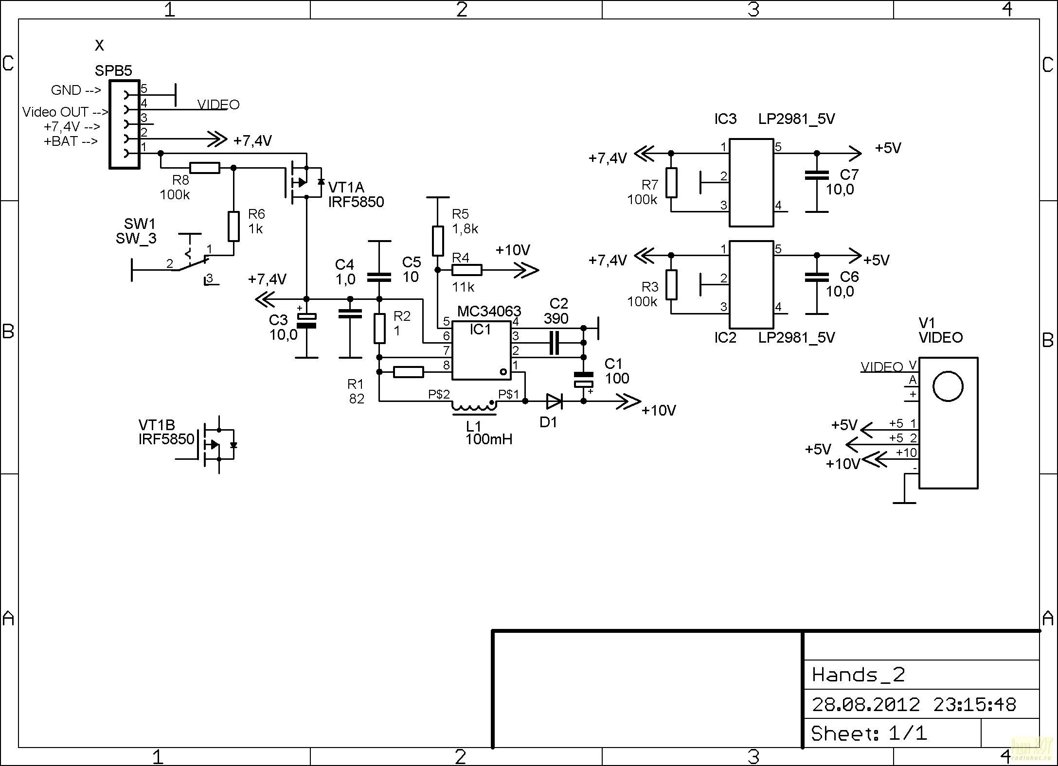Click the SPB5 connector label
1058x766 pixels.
tap(113, 70)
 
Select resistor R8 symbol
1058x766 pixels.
tap(204, 168)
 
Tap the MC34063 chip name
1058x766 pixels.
tap(489, 311)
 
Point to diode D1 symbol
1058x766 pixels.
tap(555, 401)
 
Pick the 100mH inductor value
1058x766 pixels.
tap(489, 439)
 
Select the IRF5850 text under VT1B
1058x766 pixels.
tap(166, 439)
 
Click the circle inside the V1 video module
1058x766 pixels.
tap(948, 386)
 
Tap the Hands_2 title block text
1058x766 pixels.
tap(859, 675)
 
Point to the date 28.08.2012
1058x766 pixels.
tap(866, 704)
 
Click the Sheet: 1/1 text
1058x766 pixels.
tap(869, 733)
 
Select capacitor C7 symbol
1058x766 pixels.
tap(817, 175)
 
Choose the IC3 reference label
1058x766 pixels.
tap(725, 119)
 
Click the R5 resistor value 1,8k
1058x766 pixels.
tap(465, 229)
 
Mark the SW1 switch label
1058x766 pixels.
tap(140, 224)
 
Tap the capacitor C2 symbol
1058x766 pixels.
tap(554, 343)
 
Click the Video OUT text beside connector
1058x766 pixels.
tap(55, 112)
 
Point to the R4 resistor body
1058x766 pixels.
tap(467, 270)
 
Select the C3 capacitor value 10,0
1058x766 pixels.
tap(284, 335)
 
